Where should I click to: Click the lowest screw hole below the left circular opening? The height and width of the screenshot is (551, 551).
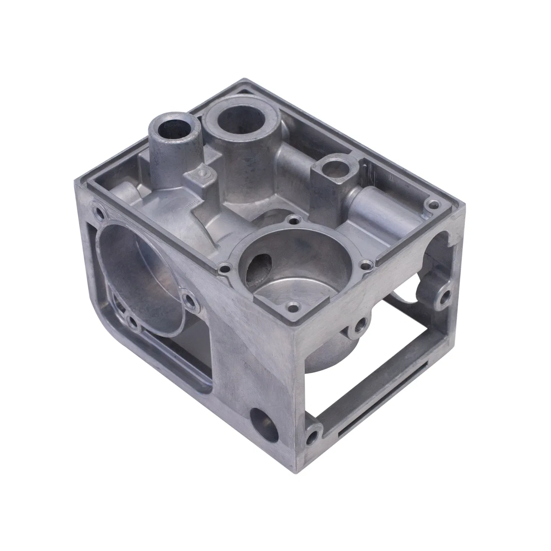130,322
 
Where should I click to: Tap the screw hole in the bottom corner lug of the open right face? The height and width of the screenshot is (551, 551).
313,436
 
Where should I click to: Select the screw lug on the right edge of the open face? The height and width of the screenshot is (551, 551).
446,295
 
